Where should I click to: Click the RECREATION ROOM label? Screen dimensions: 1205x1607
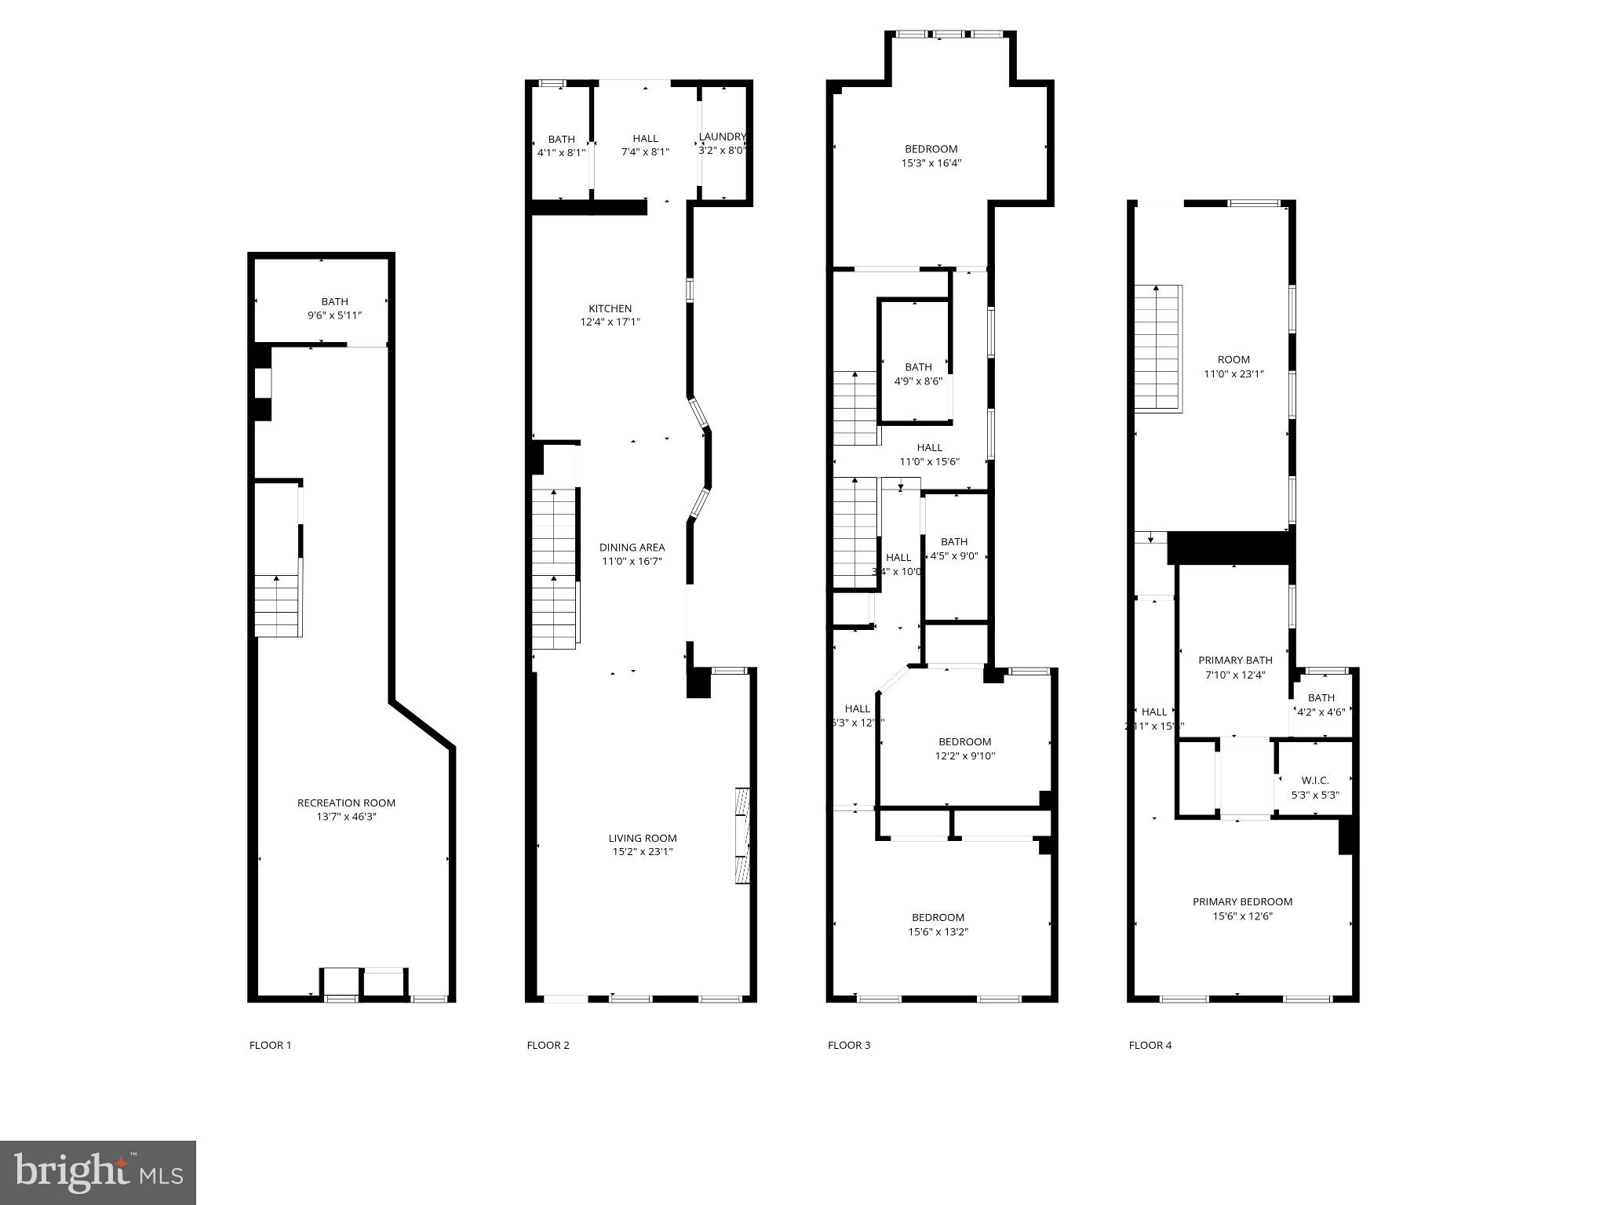[346, 803]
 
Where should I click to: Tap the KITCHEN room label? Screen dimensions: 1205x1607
[610, 308]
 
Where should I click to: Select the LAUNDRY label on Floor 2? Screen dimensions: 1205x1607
[722, 137]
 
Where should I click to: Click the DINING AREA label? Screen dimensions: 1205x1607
[632, 548]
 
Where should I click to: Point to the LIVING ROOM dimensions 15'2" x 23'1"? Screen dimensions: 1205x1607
[643, 852]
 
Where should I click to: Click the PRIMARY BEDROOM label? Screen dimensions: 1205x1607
[1242, 901]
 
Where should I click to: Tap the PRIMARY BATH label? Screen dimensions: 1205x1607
[1235, 660]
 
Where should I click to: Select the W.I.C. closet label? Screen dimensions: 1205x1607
[1315, 780]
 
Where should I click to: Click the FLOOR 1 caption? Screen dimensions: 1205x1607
[270, 1045]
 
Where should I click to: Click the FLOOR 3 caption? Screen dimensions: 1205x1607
[849, 1045]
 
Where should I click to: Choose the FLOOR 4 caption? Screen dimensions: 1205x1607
[1150, 1045]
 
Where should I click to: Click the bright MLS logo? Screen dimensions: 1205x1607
[98, 1172]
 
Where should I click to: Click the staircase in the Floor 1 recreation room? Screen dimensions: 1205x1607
[277, 606]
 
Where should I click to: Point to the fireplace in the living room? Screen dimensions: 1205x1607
[742, 835]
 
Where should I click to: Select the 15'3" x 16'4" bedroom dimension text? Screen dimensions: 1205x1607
[931, 163]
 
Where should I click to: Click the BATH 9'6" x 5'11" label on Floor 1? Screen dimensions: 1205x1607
[334, 308]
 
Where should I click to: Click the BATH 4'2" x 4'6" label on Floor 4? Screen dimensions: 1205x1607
[1321, 704]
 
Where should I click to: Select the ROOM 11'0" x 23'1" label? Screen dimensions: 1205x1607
[1233, 366]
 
